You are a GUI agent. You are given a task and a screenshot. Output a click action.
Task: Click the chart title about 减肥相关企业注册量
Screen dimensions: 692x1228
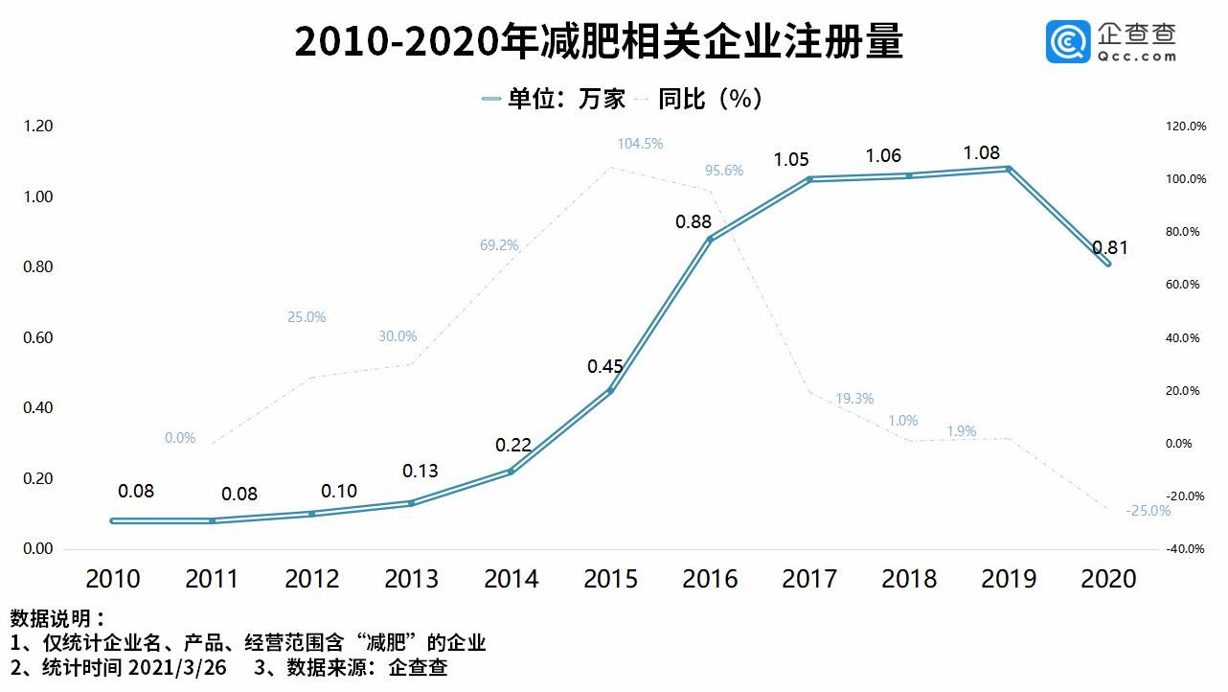pyautogui.click(x=599, y=43)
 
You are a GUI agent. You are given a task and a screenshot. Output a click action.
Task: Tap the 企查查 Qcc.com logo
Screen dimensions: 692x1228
pyautogui.click(x=1111, y=43)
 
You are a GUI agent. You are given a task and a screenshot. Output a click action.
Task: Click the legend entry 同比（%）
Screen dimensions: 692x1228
pyautogui.click(x=709, y=99)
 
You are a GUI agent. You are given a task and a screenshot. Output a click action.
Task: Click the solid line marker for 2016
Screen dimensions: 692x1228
pyautogui.click(x=710, y=239)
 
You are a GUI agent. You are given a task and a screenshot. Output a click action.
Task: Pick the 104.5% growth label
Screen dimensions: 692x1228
pyautogui.click(x=640, y=144)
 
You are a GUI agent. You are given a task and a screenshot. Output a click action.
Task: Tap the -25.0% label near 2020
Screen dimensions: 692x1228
pyautogui.click(x=1148, y=511)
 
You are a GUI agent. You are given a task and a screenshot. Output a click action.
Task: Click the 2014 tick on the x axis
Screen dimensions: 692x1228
pyautogui.click(x=512, y=579)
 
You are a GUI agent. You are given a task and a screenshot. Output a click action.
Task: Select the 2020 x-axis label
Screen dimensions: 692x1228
pyautogui.click(x=1108, y=579)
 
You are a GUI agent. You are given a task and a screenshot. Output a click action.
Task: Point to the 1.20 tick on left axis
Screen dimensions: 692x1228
pyautogui.click(x=38, y=127)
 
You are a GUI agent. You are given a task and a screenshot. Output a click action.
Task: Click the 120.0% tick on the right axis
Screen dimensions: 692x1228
pyautogui.click(x=1185, y=127)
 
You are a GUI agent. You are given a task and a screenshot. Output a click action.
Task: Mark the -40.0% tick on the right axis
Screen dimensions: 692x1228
pyautogui.click(x=1185, y=549)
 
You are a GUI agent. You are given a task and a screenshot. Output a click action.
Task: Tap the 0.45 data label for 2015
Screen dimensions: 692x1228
pyautogui.click(x=606, y=366)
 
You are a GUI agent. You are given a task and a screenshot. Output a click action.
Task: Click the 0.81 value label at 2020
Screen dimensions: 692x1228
pyautogui.click(x=1109, y=248)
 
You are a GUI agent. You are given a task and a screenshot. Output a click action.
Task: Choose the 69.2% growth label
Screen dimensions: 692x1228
pyautogui.click(x=499, y=245)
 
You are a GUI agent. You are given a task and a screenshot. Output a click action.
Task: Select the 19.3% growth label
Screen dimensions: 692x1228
pyautogui.click(x=854, y=399)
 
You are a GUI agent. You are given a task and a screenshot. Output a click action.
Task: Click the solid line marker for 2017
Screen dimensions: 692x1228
pyautogui.click(x=809, y=179)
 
